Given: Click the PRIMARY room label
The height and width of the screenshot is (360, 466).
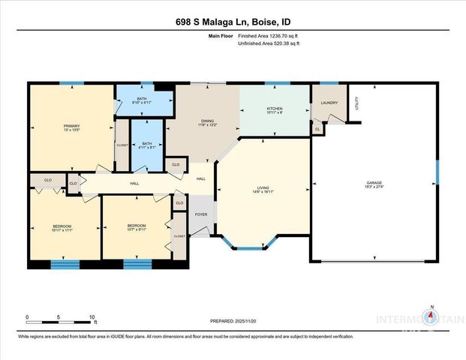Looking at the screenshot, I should coord(71,125).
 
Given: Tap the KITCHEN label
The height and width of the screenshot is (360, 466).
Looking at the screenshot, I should coord(275,109).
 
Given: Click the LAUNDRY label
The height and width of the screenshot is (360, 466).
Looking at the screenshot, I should coord(329,103).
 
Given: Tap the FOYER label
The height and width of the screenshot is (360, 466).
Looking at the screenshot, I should coord(200,214).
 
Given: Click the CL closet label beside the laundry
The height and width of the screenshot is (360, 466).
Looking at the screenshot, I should coord(318,130).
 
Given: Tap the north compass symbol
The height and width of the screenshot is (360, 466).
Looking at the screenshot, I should coord(431,318).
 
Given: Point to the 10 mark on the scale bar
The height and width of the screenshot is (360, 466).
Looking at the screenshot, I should coord(92,317).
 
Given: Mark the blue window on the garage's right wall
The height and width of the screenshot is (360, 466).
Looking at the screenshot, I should coord(437,172).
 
